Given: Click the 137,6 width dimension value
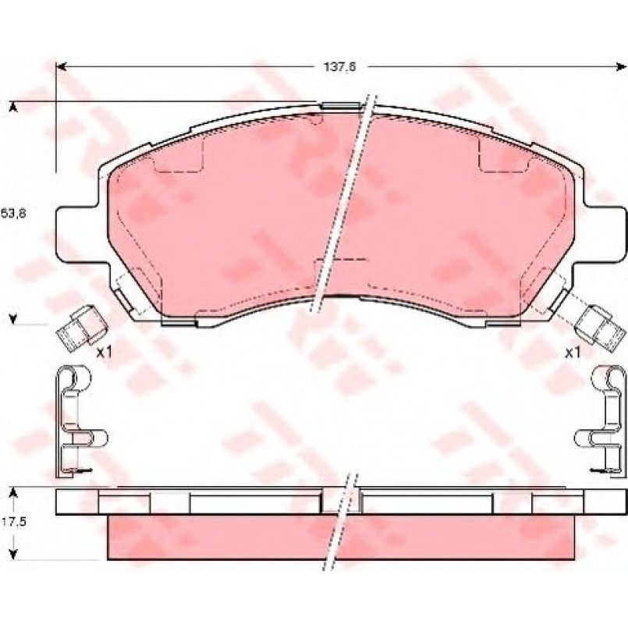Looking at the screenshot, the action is [x=339, y=67].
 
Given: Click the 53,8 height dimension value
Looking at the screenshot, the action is [x=13, y=214].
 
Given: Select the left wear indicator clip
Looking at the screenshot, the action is [x=81, y=328].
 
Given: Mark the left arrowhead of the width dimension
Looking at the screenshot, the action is [x=61, y=67].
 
